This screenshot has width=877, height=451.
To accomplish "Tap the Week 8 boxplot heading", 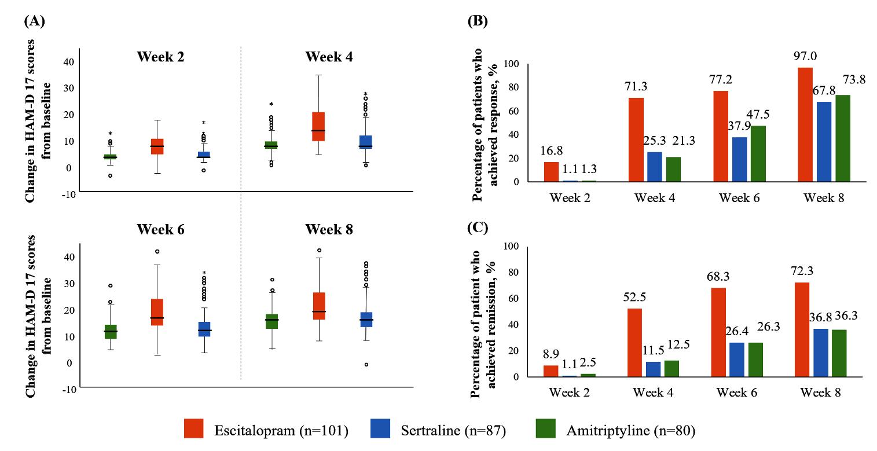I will [x=329, y=229].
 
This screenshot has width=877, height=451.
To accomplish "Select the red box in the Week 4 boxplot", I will [x=318, y=126].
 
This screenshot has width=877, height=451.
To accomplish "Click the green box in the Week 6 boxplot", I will [x=111, y=332].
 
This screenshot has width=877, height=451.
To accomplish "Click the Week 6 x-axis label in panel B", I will [x=739, y=198].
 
